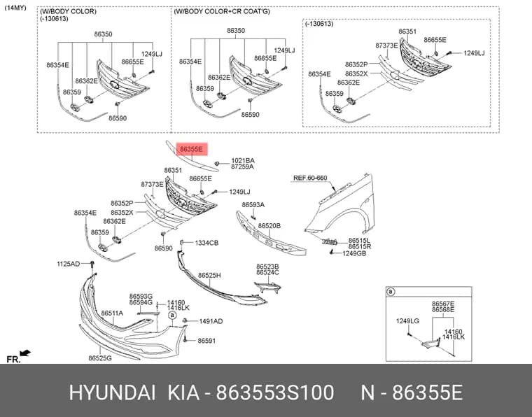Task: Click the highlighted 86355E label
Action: [191, 149]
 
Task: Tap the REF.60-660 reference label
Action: [310, 178]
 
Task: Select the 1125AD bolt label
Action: [68, 264]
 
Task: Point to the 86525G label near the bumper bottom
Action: [100, 358]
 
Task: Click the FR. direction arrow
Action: [25, 353]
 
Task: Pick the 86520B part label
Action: [269, 226]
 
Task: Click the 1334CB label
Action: [206, 243]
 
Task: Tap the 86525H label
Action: [209, 275]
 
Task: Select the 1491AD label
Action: [211, 321]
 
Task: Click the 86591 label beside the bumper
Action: [206, 341]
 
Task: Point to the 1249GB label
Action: [354, 253]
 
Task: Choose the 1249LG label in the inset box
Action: [407, 320]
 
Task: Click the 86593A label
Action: [253, 205]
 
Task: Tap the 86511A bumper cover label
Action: [112, 313]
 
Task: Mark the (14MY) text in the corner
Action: [15, 8]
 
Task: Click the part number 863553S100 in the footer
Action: [275, 393]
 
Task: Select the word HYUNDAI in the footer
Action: [112, 393]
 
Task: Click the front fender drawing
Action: [343, 207]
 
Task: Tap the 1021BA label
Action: [243, 160]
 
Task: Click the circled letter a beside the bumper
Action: [172, 316]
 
